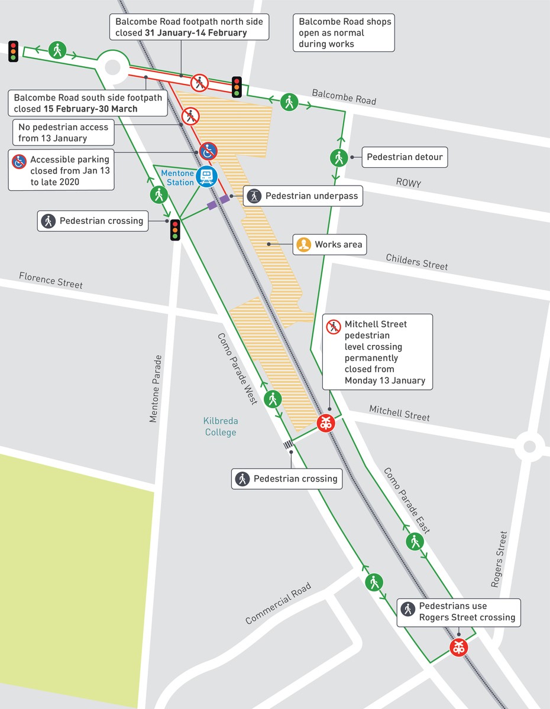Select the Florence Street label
(51, 280)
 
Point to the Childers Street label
(417, 261)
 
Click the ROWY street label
(409, 183)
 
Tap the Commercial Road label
(278, 603)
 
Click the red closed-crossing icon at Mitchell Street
(325, 423)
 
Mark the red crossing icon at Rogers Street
(458, 647)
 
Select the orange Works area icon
(304, 244)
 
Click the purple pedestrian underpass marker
(218, 202)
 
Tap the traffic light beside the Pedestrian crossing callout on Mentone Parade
(175, 229)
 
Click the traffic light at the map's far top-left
(13, 51)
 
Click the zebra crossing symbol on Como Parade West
(289, 445)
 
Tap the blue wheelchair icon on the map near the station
(208, 151)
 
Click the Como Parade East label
(407, 500)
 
